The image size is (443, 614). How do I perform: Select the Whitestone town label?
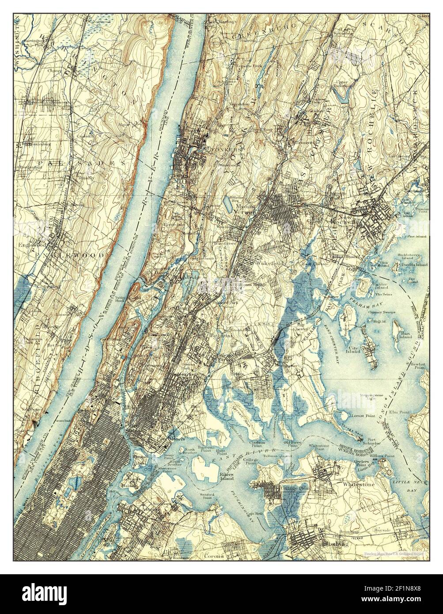point(359,485)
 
